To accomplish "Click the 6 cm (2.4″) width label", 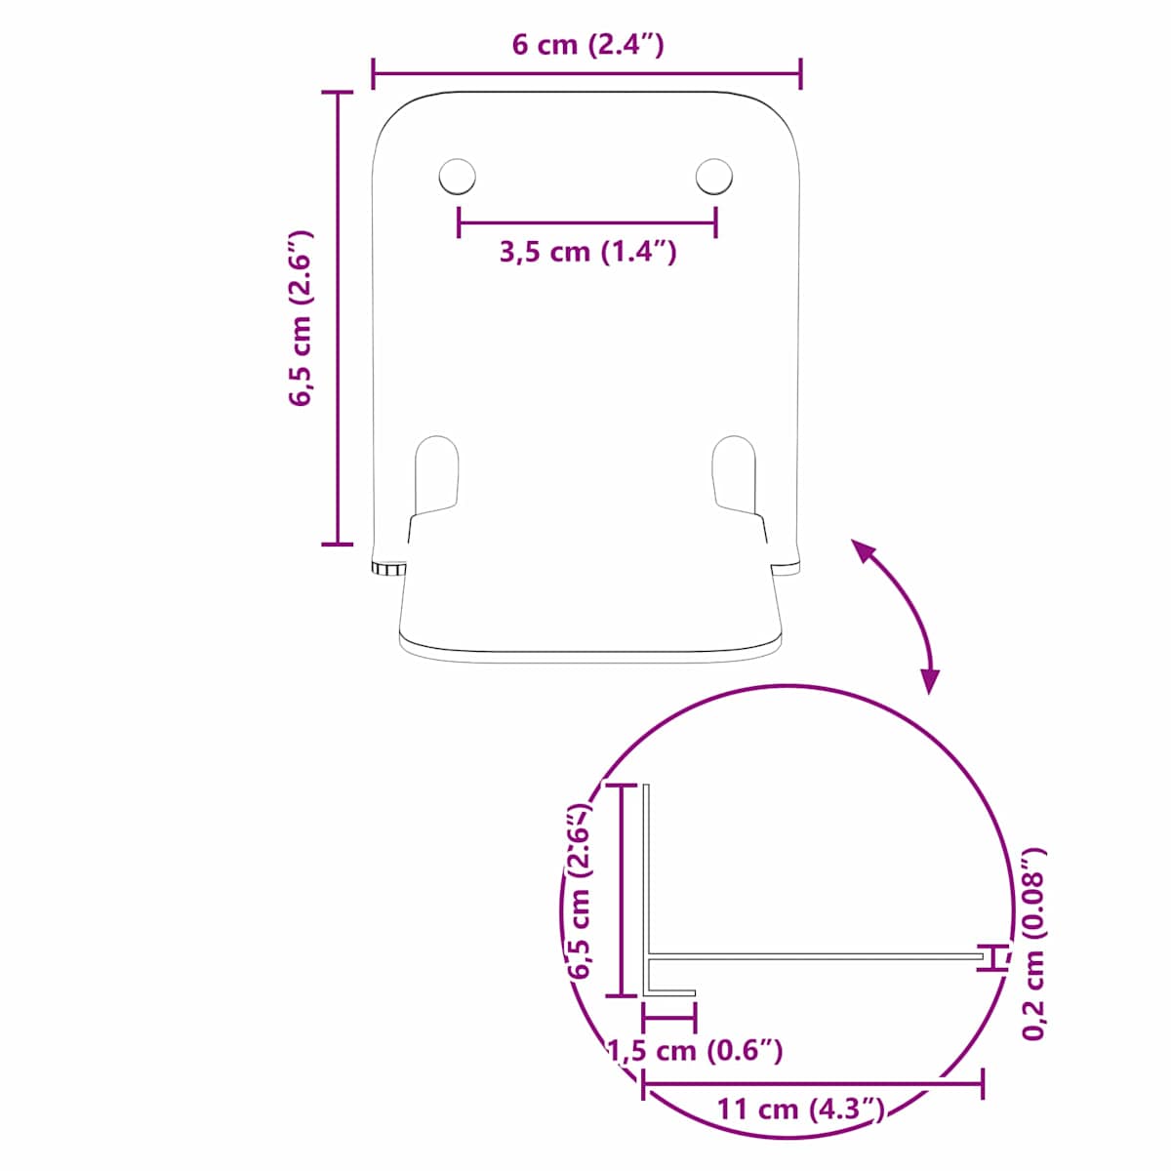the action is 587,45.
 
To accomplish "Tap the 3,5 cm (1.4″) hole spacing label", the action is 587,251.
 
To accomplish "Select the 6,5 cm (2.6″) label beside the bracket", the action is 301,318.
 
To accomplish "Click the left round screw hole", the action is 457,177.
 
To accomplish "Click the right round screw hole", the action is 714,177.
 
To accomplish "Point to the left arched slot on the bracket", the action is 436,474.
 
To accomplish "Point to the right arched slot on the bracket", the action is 734,474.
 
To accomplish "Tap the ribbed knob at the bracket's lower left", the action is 388,567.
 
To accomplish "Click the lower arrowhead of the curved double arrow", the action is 929,680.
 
